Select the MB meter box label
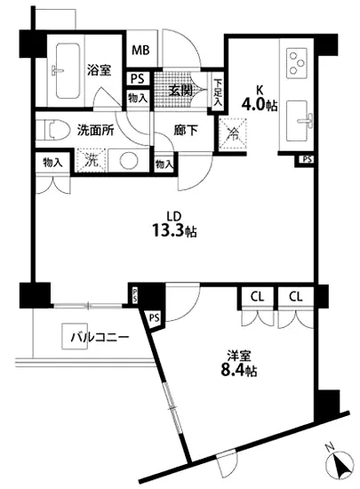(x=140, y=51)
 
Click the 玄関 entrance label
(x=180, y=90)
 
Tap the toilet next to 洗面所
(x=55, y=129)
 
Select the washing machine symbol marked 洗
(x=90, y=161)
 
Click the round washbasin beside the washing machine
(x=127, y=162)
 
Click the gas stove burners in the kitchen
(x=295, y=62)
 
